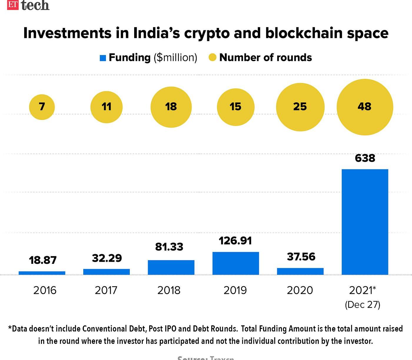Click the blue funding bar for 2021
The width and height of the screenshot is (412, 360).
(x=365, y=222)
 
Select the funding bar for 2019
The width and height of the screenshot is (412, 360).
(x=236, y=263)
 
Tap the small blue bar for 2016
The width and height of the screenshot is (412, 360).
(x=42, y=273)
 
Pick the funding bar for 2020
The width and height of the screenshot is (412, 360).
(x=300, y=271)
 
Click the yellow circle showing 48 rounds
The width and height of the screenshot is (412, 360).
(x=365, y=107)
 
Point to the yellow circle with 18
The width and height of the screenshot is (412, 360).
(x=171, y=107)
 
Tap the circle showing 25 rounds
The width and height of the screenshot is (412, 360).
(x=300, y=107)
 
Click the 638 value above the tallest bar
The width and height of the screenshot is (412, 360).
(x=365, y=158)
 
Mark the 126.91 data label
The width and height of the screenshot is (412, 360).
(x=235, y=241)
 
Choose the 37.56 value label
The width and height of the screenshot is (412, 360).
(x=301, y=257)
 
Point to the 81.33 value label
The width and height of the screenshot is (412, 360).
(x=169, y=247)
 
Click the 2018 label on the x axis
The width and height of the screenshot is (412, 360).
(x=169, y=290)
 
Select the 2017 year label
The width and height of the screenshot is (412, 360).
(x=106, y=290)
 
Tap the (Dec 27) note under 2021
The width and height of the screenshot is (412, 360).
(x=363, y=304)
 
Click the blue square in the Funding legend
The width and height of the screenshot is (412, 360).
(x=103, y=58)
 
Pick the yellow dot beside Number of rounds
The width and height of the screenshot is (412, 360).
(x=212, y=58)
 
